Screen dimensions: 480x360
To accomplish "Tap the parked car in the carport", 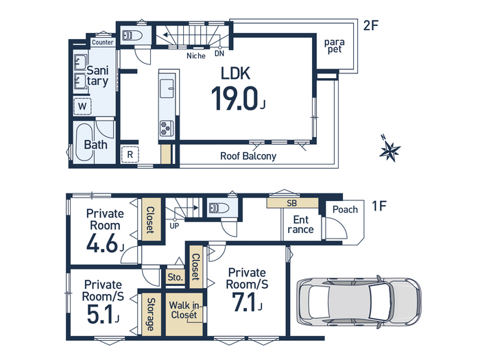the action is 359,302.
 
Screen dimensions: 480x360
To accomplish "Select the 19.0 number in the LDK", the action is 235,98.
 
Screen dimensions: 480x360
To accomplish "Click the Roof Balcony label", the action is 248,156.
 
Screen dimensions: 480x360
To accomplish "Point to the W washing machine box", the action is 82,106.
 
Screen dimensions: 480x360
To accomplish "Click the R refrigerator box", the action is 130,154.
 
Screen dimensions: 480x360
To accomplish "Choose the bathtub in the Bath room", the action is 85,142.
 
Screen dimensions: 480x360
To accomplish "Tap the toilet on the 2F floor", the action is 132,36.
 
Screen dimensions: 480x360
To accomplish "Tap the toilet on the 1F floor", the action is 219,208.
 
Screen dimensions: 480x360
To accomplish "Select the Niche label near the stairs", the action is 196,56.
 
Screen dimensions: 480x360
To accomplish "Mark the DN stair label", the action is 219,53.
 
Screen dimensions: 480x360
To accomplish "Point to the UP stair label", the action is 174,226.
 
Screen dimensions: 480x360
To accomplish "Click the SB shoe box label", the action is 291,203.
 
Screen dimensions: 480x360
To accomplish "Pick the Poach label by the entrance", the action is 345,209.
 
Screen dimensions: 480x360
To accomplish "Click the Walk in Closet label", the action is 184,310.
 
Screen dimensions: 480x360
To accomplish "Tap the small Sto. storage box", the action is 175,277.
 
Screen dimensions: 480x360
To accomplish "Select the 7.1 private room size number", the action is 244,302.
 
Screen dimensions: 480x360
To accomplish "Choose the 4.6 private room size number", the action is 102,243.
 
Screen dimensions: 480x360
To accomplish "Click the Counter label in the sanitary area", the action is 103,43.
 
